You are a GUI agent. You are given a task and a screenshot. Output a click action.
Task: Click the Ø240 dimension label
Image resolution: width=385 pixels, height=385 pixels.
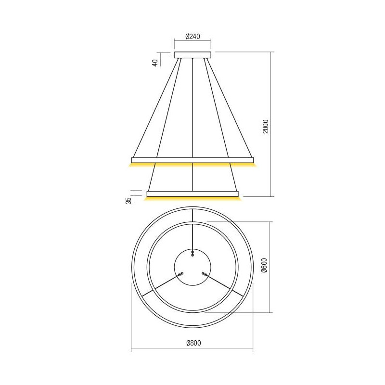pyautogui.click(x=192, y=37)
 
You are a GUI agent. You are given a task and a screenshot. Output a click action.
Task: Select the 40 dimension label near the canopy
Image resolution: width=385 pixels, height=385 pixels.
pyautogui.click(x=155, y=62)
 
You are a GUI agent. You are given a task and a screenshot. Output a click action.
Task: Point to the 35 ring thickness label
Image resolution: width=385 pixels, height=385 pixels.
pyautogui.click(x=128, y=200)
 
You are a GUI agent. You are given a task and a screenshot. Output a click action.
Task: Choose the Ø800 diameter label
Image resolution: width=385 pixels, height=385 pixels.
pyautogui.click(x=192, y=343)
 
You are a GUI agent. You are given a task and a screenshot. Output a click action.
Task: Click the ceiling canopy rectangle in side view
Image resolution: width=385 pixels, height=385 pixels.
pyautogui.click(x=192, y=55)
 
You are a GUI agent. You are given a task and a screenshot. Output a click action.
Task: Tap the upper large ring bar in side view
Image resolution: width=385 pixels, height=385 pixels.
pyautogui.click(x=192, y=160)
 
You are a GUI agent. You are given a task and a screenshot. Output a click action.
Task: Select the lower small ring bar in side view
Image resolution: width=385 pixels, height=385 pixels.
pyautogui.click(x=192, y=194)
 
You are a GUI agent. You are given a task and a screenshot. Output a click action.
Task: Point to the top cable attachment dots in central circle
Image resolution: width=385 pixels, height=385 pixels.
pyautogui.click(x=192, y=253)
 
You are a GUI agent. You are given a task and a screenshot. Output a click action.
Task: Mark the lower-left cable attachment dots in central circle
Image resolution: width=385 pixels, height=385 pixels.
pyautogui.click(x=180, y=274)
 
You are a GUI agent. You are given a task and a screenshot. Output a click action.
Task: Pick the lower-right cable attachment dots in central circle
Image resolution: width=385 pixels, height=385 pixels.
pyautogui.click(x=204, y=274)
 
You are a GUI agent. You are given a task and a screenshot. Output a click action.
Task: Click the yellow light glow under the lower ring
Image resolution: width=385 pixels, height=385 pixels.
pyautogui.click(x=192, y=198)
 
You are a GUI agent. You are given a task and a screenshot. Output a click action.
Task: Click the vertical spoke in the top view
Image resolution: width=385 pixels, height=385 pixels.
pyautogui.click(x=192, y=236)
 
